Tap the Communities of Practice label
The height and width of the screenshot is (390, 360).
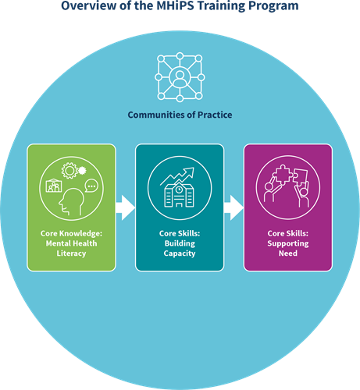pyautogui.click(x=180, y=115)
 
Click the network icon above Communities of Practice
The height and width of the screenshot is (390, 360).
pyautogui.click(x=180, y=77)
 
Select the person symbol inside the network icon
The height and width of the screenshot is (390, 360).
pyautogui.click(x=180, y=77)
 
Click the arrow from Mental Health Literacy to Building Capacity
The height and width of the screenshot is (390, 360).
pyautogui.click(x=126, y=208)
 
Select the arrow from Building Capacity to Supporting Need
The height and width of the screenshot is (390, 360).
pyautogui.click(x=233, y=208)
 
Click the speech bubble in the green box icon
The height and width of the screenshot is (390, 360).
pyautogui.click(x=91, y=186)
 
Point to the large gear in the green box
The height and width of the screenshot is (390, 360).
pyautogui.click(x=70, y=171)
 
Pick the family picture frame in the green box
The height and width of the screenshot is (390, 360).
pyautogui.click(x=54, y=186)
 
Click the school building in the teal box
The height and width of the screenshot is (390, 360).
pyautogui.click(x=179, y=195)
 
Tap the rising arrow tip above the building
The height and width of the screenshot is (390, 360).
pyautogui.click(x=194, y=168)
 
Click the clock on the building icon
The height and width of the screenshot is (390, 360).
pyautogui.click(x=179, y=190)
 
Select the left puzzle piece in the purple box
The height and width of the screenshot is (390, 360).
pyautogui.click(x=283, y=175)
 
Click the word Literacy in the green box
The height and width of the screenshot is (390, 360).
pyautogui.click(x=71, y=253)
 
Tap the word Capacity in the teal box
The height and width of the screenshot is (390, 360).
pyautogui.click(x=180, y=253)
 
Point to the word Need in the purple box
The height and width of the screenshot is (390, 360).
pyautogui.click(x=288, y=253)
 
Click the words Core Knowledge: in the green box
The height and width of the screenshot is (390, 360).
pyautogui.click(x=71, y=233)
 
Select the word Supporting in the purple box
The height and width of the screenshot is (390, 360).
pyautogui.click(x=288, y=243)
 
